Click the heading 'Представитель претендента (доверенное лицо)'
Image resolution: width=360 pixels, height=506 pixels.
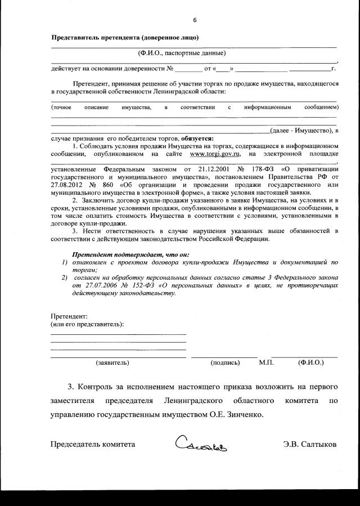point(124,38)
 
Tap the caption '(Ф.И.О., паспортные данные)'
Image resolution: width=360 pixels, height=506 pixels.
point(182,53)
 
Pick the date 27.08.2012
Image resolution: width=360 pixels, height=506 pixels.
point(68,185)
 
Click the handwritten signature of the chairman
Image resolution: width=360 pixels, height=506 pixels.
point(205,445)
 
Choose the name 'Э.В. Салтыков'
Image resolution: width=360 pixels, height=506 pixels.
point(310,444)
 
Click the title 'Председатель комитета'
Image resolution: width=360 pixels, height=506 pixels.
point(93,444)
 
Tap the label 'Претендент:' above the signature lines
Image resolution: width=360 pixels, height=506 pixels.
point(69,316)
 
